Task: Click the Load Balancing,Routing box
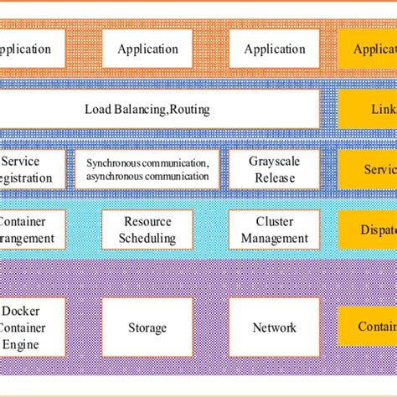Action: [x=159, y=109]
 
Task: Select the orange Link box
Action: [x=367, y=109]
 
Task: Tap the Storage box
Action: [x=147, y=327]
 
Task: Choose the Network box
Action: [x=274, y=327]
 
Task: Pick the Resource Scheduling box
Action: [x=148, y=229]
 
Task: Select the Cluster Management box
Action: [x=274, y=229]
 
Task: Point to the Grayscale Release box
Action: [x=274, y=169]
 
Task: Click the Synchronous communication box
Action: [x=147, y=169]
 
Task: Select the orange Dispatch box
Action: [x=367, y=229]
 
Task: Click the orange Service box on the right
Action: [x=367, y=169]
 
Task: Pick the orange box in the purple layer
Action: [x=367, y=327]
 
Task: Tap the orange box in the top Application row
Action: [x=367, y=49]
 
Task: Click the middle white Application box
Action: [x=147, y=49]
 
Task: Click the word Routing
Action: [x=188, y=110]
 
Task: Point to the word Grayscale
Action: [x=274, y=162]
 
